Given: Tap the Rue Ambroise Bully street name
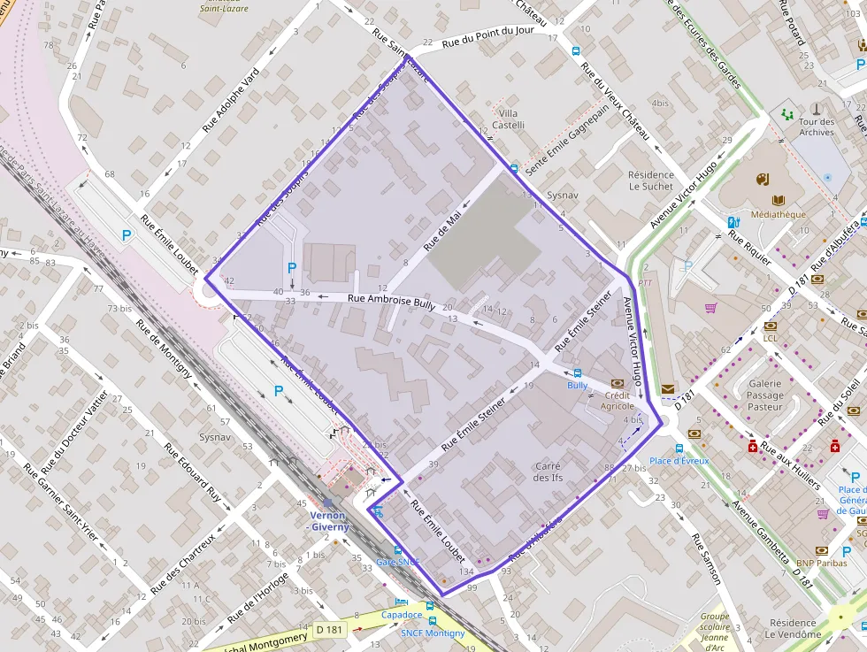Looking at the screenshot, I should click(391, 302).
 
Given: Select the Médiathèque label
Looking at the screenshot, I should click(778, 214).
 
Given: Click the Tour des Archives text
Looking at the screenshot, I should click(816, 127).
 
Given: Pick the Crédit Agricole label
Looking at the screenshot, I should click(617, 401).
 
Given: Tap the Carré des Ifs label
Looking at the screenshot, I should click(549, 472).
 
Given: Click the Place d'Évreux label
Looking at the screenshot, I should click(679, 461).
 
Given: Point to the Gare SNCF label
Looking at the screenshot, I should click(397, 562).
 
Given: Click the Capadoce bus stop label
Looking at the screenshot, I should click(403, 615).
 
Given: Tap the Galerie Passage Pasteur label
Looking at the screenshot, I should click(764, 395).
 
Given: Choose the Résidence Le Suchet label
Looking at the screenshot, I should click(650, 180).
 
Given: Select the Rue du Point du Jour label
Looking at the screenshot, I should click(487, 35).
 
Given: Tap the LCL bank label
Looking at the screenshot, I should click(770, 338).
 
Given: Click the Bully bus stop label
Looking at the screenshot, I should click(577, 386).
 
